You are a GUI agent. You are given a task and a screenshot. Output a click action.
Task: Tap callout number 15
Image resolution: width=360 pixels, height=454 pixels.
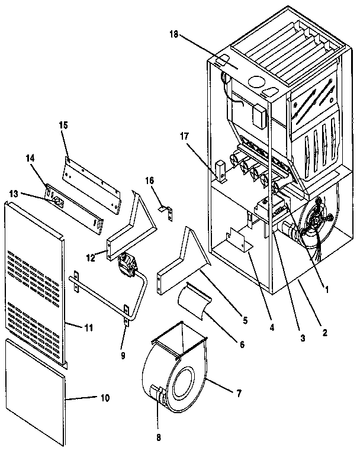64,125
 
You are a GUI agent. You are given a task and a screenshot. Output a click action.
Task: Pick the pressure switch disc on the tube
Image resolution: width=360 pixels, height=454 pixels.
127,263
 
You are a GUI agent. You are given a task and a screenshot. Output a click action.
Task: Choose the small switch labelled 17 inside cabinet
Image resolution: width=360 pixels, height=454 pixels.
221,169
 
